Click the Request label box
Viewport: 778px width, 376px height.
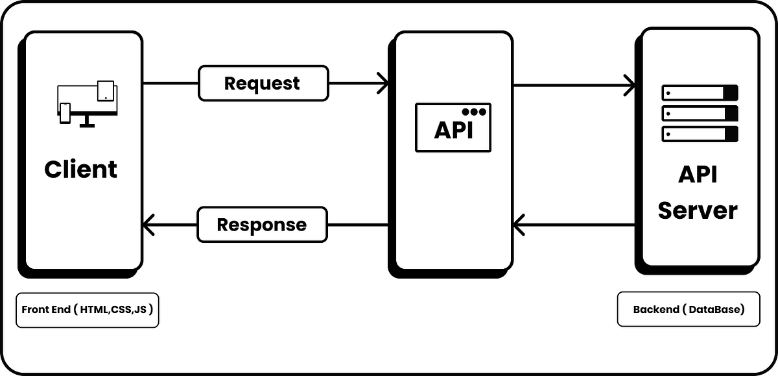click(263, 83)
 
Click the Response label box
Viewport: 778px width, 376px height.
click(262, 225)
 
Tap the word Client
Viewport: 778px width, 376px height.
click(81, 169)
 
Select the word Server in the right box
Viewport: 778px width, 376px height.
click(698, 210)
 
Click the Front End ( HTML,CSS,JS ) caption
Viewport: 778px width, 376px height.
click(88, 310)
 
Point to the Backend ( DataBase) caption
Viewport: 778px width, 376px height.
click(689, 310)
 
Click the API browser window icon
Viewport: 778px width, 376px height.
click(453, 128)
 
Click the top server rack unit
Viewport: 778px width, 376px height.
click(700, 93)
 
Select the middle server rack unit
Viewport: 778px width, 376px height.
click(700, 114)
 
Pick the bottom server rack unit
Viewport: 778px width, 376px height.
click(700, 134)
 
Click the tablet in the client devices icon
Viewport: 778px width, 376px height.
click(105, 91)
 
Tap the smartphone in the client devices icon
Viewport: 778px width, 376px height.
click(65, 113)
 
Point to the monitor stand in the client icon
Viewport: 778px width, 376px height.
click(86, 122)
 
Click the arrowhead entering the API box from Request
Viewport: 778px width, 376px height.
click(383, 83)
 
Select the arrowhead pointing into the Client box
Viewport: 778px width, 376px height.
click(148, 225)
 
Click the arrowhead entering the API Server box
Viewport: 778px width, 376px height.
click(630, 83)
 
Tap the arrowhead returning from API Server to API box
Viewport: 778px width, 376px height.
click(519, 225)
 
